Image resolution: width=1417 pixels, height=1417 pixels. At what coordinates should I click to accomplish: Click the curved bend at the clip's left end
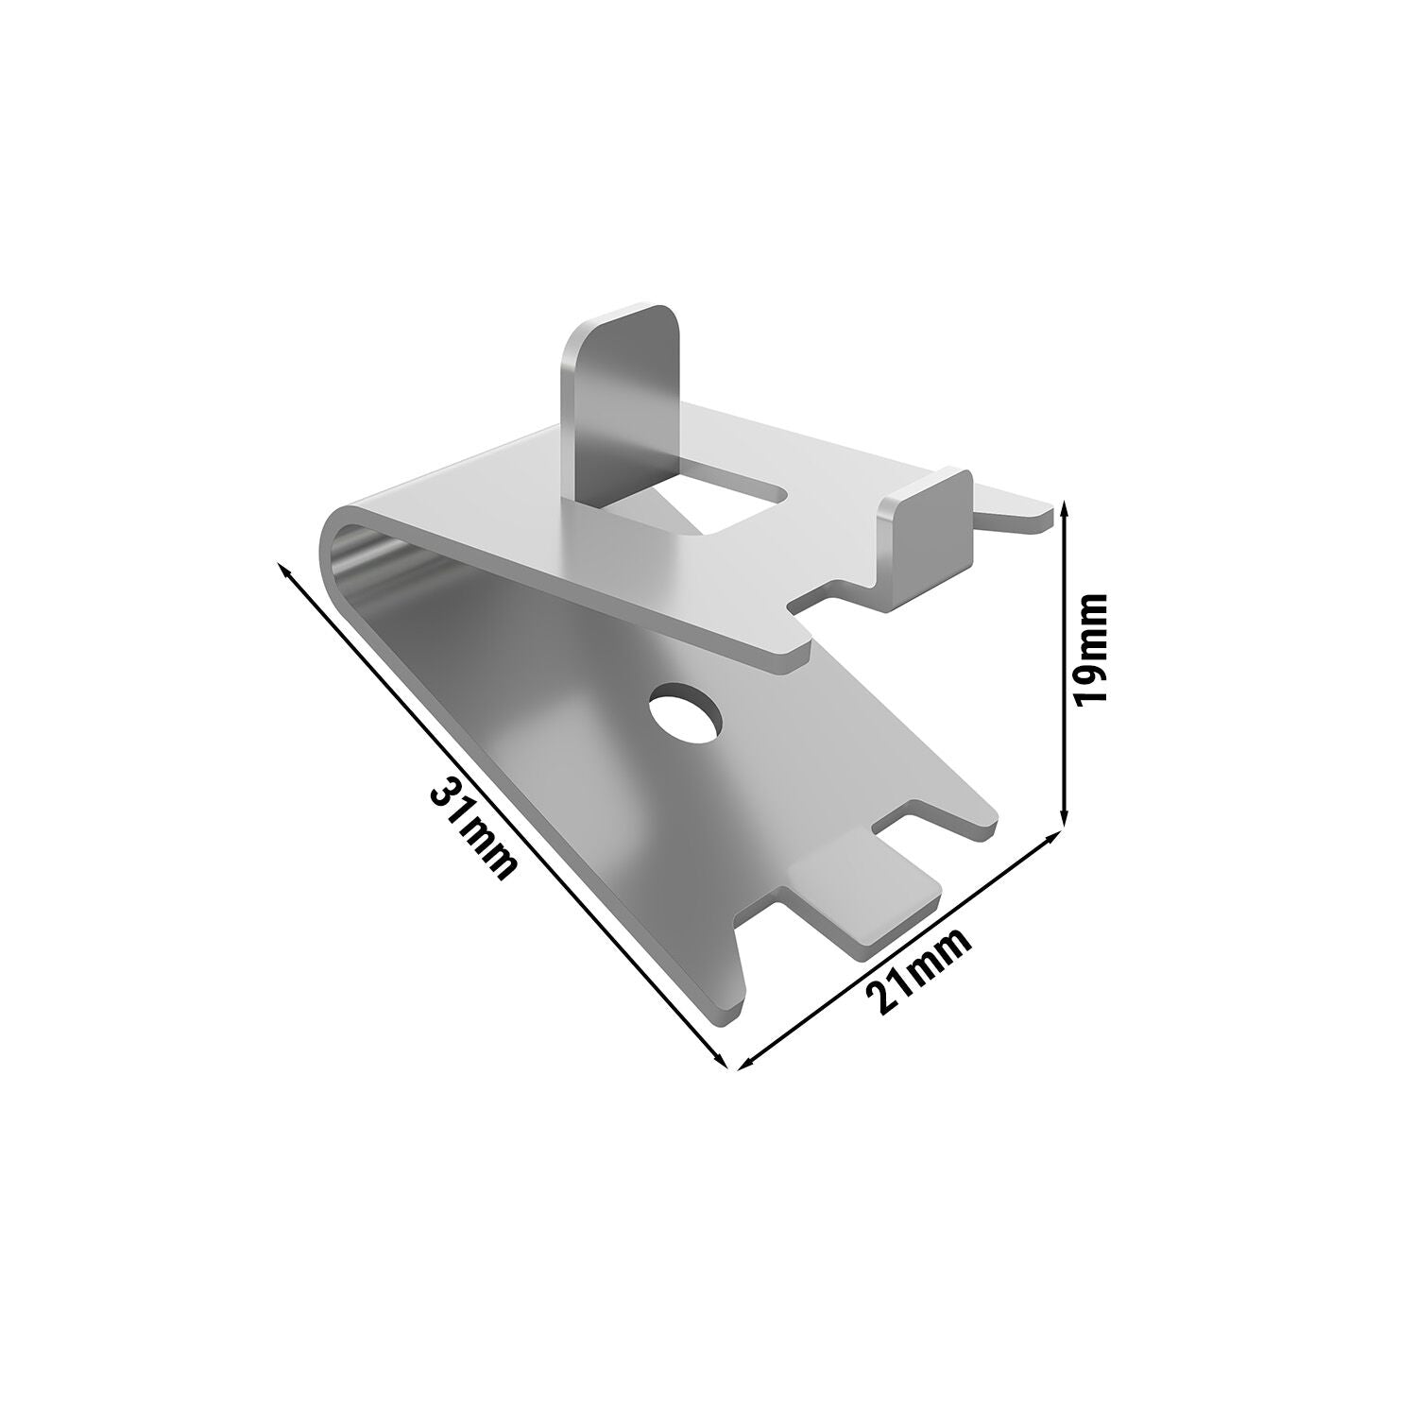tap(350, 567)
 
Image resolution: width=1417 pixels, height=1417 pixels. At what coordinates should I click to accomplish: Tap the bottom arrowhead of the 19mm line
tap(1066, 814)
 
